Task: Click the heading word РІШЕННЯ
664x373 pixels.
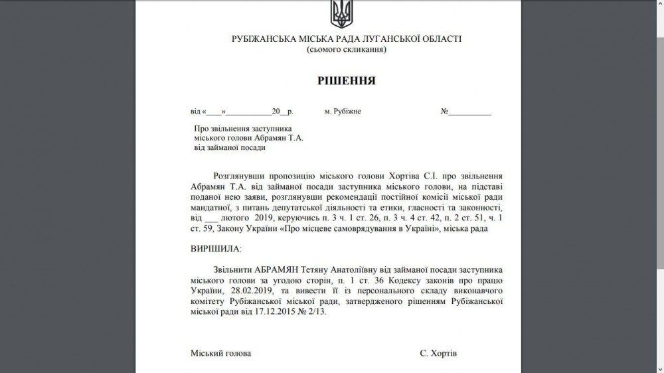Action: point(346,81)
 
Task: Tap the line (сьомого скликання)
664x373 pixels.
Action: point(346,50)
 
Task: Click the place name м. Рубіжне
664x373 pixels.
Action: point(343,112)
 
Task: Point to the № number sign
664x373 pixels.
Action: point(445,112)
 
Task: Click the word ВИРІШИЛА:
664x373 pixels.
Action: point(216,248)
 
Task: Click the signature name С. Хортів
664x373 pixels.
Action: point(438,354)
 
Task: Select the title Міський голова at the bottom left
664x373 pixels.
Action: point(221,354)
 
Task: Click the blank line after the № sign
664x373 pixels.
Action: point(471,112)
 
